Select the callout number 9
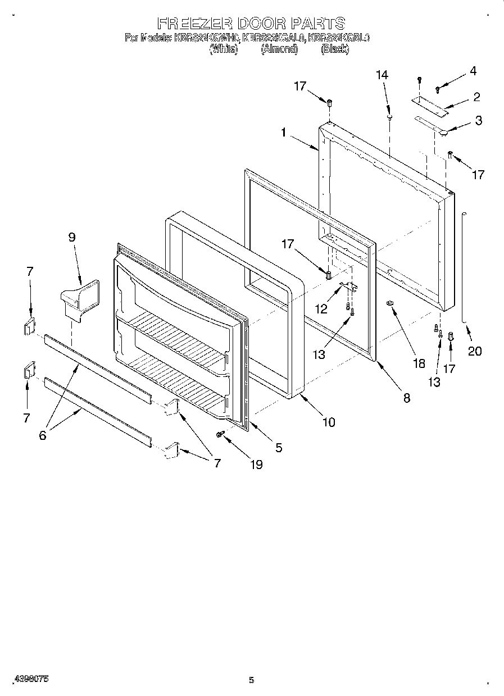tap(72, 237)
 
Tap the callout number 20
tap(475, 351)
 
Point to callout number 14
tap(382, 75)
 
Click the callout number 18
tap(419, 363)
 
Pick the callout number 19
tap(256, 465)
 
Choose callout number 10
tap(328, 422)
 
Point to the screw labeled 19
tap(221, 434)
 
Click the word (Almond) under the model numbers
tap(279, 49)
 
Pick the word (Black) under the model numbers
tap(334, 49)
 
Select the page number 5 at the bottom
tap(251, 680)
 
